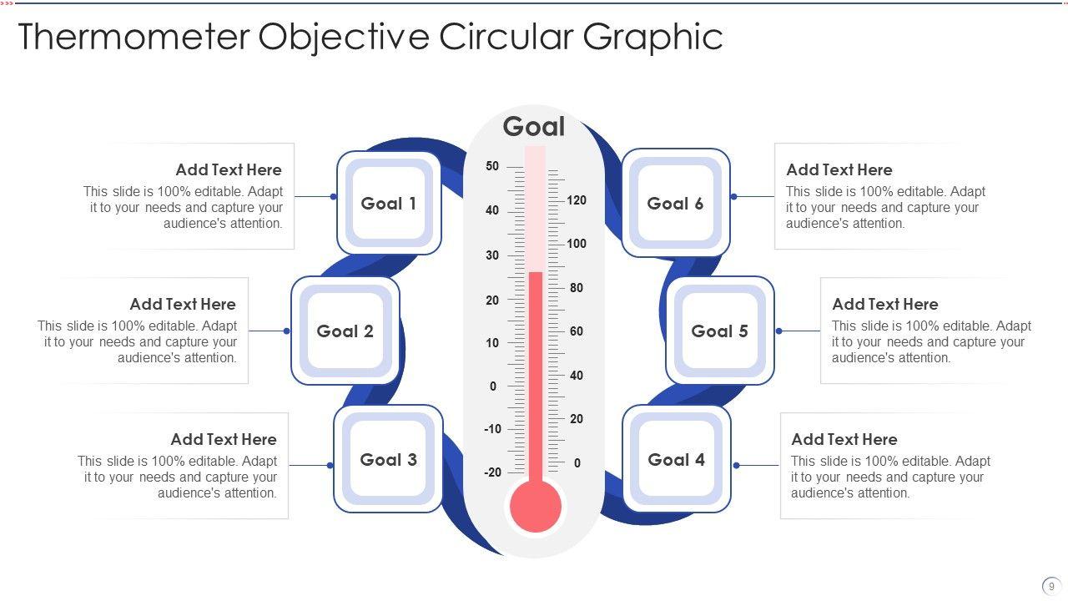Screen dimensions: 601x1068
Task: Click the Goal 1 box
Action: [x=389, y=203]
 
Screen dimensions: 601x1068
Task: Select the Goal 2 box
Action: [x=345, y=331]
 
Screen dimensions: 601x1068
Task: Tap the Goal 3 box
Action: [x=388, y=459]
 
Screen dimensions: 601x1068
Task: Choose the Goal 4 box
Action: [x=677, y=459]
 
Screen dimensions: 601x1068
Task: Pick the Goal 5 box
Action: [x=720, y=331]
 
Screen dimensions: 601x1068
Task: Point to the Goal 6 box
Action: [x=676, y=203]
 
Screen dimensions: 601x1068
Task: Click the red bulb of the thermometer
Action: [x=535, y=506]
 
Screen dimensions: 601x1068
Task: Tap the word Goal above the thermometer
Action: [x=534, y=127]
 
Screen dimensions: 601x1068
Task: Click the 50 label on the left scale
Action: [x=492, y=166]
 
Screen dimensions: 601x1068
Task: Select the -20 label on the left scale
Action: [x=492, y=472]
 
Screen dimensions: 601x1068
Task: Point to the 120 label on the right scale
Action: [x=577, y=200]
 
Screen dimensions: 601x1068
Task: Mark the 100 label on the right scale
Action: [x=577, y=244]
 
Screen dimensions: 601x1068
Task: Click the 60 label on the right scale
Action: [x=577, y=331]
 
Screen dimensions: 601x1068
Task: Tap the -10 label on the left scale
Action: [x=492, y=429]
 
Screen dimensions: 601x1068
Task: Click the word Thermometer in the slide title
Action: [x=133, y=38]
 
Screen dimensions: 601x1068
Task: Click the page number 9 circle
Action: [x=1051, y=586]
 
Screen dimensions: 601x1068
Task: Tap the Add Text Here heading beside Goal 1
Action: [x=229, y=170]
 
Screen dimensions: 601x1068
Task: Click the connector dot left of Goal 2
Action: [x=287, y=331]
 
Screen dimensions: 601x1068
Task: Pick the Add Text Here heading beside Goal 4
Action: [x=844, y=439]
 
